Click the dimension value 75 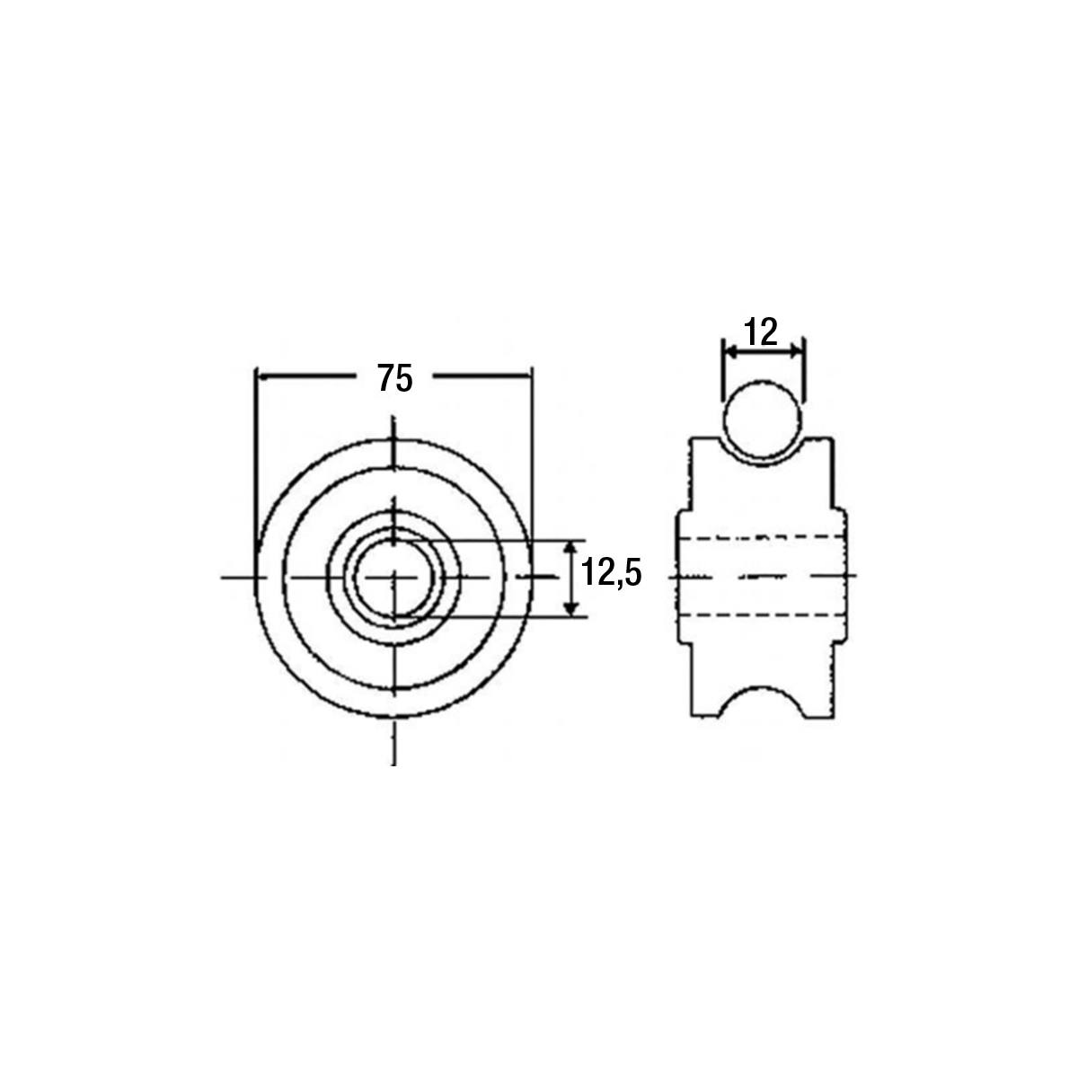pos(395,377)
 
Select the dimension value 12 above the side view pos(762,332)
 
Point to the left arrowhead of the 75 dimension pos(263,377)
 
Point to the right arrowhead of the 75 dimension pos(523,377)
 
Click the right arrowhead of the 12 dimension pos(796,351)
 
